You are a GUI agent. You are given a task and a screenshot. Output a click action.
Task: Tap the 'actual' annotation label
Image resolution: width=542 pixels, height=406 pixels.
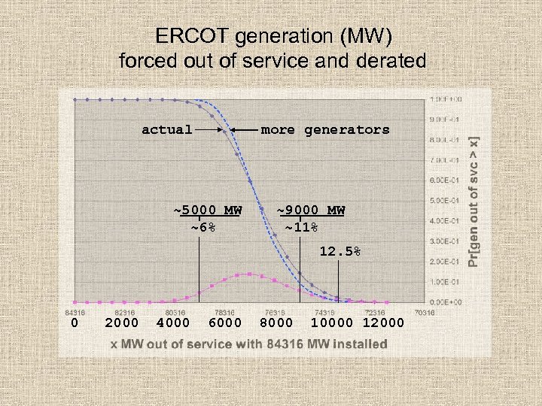(x=167, y=129)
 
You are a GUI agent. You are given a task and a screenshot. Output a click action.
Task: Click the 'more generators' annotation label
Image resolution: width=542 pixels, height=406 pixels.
(x=325, y=129)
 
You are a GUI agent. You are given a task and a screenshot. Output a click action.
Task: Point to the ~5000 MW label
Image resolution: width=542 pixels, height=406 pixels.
(x=208, y=210)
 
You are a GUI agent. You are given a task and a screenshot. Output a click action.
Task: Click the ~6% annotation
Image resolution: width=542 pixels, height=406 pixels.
(x=203, y=227)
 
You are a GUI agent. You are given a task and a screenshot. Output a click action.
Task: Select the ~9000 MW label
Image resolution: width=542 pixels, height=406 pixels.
(x=310, y=210)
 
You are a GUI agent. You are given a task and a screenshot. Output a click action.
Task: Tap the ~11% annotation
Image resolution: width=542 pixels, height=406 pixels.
(x=301, y=227)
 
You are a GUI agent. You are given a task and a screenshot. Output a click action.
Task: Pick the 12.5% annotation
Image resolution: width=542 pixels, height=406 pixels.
(x=340, y=252)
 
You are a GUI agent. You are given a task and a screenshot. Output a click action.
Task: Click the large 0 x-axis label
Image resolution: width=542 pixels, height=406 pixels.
(x=74, y=323)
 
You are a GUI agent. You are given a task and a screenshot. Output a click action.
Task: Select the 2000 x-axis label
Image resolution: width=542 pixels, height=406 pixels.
(x=122, y=323)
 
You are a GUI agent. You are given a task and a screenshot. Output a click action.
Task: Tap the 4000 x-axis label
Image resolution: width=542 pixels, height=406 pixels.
(x=173, y=323)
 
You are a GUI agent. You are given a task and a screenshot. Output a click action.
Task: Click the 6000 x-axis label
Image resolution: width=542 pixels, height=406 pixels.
(x=224, y=323)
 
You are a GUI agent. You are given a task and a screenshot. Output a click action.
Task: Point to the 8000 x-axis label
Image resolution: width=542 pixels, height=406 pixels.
(x=276, y=323)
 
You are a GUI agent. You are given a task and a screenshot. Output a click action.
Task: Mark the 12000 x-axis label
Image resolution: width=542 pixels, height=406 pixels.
(x=383, y=323)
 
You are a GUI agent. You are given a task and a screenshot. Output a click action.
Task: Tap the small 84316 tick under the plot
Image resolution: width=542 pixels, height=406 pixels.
(x=74, y=312)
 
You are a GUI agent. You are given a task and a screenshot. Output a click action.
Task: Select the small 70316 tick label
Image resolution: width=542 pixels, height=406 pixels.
(x=424, y=312)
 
